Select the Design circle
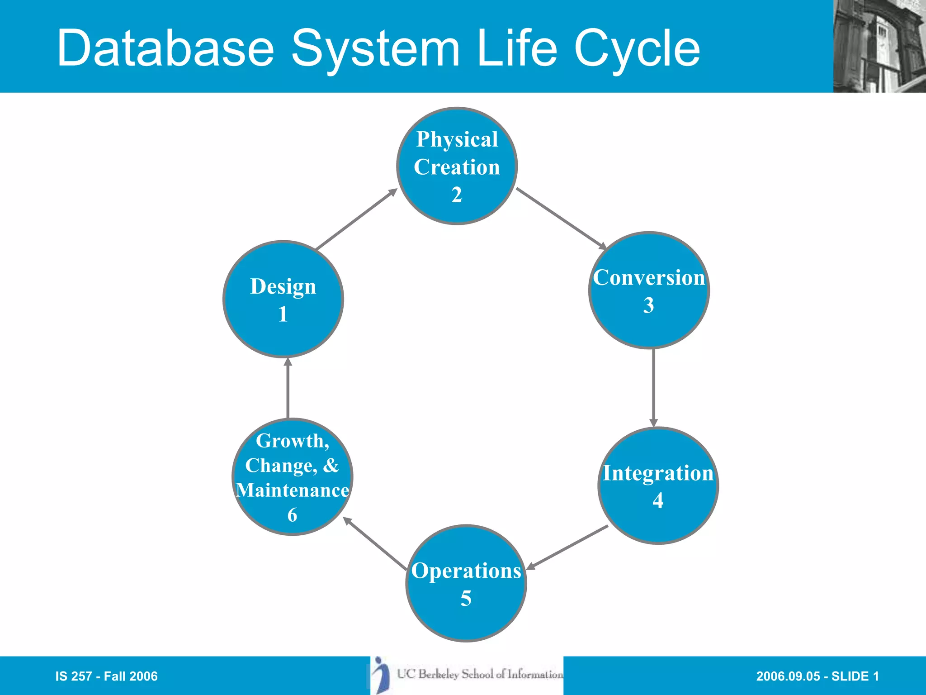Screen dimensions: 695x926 point(283,299)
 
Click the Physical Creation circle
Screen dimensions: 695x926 point(457,166)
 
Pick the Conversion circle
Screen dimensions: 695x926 point(649,290)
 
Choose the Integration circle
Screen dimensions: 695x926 point(658,486)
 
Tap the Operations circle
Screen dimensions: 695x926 point(466,583)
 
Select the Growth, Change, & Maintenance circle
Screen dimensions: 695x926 point(292,476)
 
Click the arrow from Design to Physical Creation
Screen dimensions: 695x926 point(356,219)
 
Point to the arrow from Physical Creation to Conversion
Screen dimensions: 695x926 point(561,219)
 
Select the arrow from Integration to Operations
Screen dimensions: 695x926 point(567,547)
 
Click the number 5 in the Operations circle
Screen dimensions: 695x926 point(466,599)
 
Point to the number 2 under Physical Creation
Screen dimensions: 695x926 point(457,195)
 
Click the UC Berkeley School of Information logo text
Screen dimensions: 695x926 point(480,674)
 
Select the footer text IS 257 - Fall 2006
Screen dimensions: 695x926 point(106,676)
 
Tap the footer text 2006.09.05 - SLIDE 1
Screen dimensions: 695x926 point(817,676)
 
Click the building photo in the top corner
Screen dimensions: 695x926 point(879,46)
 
